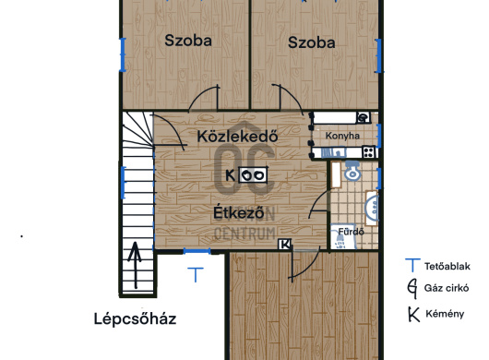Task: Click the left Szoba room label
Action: tap(188, 41)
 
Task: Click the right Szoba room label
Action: tap(310, 42)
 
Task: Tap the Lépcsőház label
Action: tap(135, 319)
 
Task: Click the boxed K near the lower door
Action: tap(285, 245)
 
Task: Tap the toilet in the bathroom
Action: tap(351, 172)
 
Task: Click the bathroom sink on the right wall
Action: tap(372, 205)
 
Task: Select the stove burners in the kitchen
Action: tap(369, 151)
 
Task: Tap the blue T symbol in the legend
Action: tap(411, 265)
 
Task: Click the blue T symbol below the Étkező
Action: tap(195, 273)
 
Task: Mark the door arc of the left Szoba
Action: tap(207, 94)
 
